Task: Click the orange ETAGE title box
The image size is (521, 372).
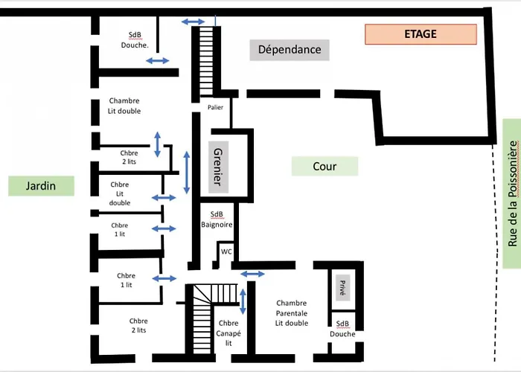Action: coord(420,34)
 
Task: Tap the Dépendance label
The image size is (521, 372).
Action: coord(290,50)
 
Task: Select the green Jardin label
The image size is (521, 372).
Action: coord(42,186)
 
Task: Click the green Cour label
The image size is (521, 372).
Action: coord(325,167)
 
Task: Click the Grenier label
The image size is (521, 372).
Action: coord(218,167)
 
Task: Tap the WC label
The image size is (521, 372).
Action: coord(226,251)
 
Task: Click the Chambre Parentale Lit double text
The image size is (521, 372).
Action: coord(291,313)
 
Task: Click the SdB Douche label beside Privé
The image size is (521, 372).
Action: coord(342,329)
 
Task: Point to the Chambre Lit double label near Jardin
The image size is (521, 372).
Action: coord(124,106)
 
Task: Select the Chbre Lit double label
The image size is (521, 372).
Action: coord(119,193)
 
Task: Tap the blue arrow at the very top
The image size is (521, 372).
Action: coord(194,22)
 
